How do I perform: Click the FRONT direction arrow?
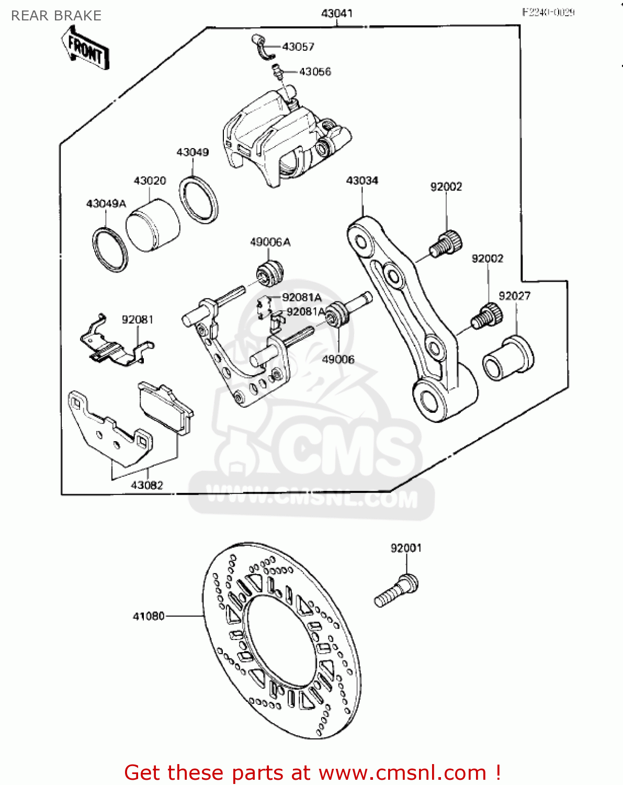[x=85, y=48]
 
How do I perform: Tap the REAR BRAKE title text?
[x=56, y=16]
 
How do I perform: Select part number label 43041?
[x=336, y=13]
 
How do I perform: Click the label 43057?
[x=298, y=47]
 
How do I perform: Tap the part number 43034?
[x=362, y=181]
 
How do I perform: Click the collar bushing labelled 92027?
[x=507, y=360]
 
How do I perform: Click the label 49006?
[x=338, y=360]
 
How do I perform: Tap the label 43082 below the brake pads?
[x=147, y=485]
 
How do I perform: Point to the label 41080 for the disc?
[x=149, y=616]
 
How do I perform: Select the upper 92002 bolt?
[x=446, y=244]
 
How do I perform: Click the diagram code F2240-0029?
[x=548, y=13]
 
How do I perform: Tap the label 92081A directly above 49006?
[x=306, y=312]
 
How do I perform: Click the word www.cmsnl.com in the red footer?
[x=403, y=772]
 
